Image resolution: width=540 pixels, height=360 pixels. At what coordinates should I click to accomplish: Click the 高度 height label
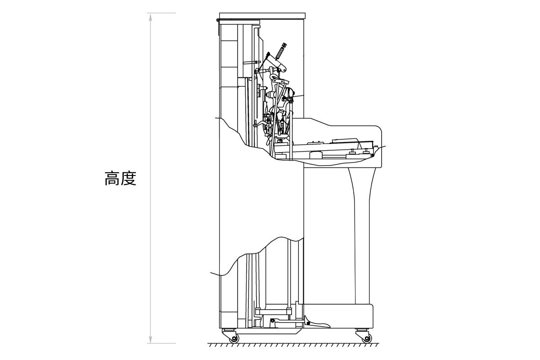coord(120,179)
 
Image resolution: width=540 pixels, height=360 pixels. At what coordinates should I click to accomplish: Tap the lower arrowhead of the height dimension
coord(151,339)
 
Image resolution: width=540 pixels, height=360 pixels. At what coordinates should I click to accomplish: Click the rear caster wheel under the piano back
coord(234,339)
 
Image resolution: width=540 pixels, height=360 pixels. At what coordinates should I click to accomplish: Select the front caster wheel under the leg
coord(366,339)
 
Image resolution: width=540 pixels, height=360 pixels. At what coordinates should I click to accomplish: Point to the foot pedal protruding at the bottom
coord(317,323)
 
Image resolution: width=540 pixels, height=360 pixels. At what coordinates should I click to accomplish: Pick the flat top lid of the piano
coord(262,16)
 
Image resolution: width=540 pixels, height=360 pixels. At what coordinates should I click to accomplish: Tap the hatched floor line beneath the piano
coord(293,345)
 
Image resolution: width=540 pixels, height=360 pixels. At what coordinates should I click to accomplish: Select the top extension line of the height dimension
coord(162,13)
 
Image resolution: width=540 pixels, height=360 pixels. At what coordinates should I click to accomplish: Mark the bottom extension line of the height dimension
coord(162,343)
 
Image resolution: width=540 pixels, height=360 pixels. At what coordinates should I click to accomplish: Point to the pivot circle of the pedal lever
coord(272,321)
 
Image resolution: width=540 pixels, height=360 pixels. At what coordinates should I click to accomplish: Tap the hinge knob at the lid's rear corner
coord(218,20)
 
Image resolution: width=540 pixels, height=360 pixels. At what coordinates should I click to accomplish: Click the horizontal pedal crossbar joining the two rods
coord(273,312)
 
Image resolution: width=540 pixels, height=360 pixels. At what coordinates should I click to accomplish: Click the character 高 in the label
coord(112,179)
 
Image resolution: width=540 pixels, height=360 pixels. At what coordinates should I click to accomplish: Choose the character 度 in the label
coord(129,179)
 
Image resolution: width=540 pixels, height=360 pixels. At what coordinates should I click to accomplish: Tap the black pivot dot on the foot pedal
coord(308,323)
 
